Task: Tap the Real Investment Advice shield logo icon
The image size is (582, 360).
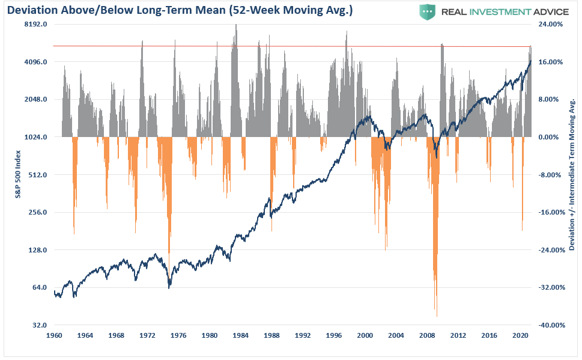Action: click(x=427, y=11)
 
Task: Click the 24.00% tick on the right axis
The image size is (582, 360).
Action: click(x=550, y=25)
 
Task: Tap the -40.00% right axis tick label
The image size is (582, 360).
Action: click(x=549, y=325)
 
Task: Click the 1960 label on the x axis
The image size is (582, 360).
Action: click(x=54, y=335)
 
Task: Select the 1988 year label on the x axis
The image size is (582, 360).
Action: click(x=271, y=335)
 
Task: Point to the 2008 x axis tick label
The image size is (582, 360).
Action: click(x=427, y=335)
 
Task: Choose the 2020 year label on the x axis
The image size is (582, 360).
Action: click(x=520, y=335)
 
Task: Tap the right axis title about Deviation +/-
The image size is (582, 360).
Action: click(x=572, y=174)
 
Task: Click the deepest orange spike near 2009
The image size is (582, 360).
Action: click(x=437, y=314)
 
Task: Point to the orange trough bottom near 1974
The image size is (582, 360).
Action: click(x=169, y=251)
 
